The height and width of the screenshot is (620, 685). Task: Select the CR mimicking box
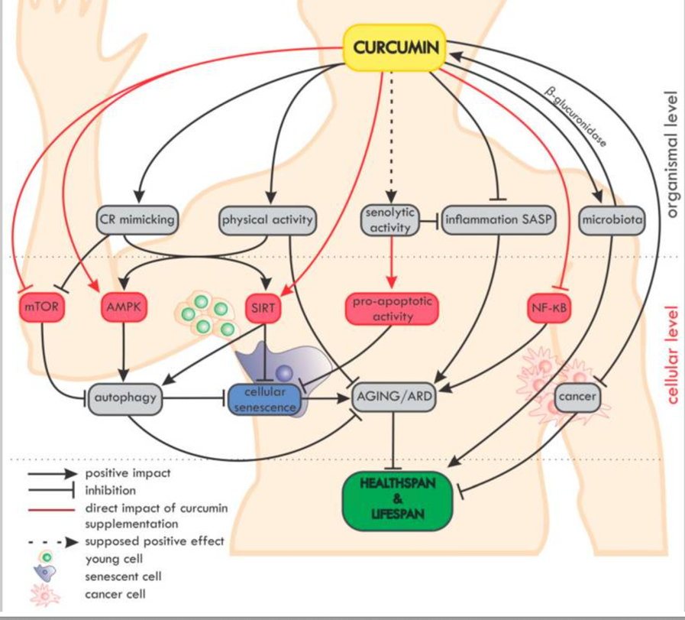tap(137, 220)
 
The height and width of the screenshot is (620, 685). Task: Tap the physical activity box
tap(266, 220)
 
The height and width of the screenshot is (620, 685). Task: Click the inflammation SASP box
tap(499, 220)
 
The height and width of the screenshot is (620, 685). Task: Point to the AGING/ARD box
tap(392, 398)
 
